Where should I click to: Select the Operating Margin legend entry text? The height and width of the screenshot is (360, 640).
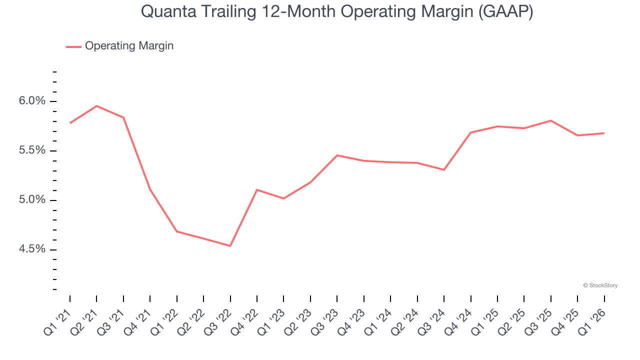(129, 46)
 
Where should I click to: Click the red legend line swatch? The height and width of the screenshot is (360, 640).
(73, 46)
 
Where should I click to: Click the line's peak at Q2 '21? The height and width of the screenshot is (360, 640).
(96, 106)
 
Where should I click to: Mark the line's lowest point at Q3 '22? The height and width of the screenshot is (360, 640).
(230, 246)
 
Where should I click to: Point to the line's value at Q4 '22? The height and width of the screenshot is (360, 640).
(257, 190)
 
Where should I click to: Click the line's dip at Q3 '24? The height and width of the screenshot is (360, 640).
(444, 170)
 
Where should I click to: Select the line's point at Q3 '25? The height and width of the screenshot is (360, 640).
(551, 120)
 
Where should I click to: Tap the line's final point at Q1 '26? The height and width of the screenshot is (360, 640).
(604, 133)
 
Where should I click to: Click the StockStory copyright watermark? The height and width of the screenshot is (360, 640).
(600, 285)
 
